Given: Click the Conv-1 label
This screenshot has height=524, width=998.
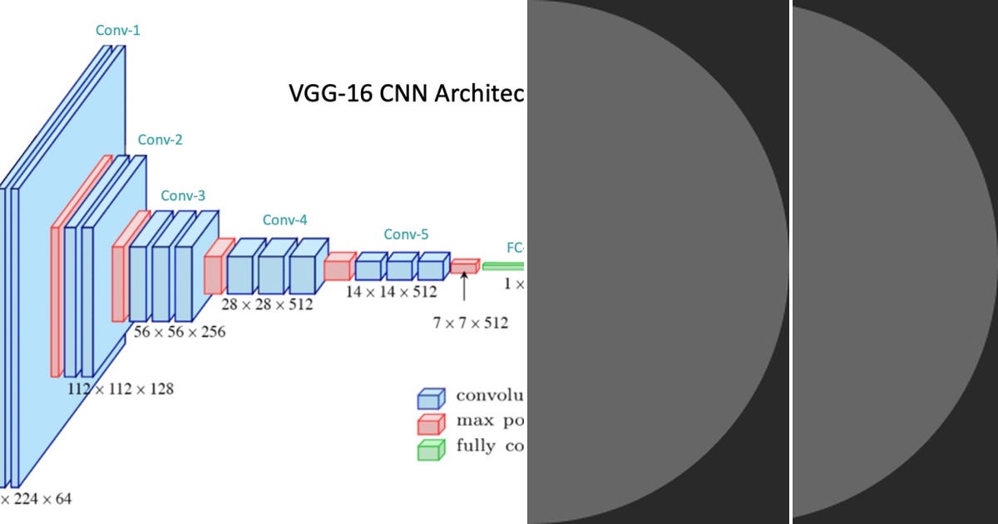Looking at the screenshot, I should pos(118,31).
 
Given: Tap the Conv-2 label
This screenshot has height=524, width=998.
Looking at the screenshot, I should pos(160,140).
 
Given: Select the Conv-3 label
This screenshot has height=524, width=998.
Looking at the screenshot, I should pos(183,196).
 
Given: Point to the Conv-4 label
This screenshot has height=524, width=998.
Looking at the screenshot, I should pos(285,220).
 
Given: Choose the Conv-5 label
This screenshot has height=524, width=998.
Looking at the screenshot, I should pos(406,235).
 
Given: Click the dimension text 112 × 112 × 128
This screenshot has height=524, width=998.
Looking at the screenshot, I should pos(121,388).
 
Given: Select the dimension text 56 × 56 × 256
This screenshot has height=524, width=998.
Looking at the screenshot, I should pos(179,331).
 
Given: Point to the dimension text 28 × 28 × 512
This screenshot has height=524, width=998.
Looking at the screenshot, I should pos(267,304).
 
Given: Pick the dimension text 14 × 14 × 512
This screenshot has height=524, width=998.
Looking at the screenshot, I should pos(391,292).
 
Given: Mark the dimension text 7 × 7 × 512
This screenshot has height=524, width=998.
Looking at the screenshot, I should pos(470,323).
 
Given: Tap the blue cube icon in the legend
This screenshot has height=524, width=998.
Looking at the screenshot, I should pos(431,397).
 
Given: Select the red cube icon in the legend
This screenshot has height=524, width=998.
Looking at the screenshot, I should pos(431,423).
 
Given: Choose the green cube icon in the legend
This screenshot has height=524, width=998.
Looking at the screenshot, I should pos(431,449).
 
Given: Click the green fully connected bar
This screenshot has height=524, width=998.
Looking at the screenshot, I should pos(503,266).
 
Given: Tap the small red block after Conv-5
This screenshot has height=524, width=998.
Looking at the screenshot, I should pos(465,266).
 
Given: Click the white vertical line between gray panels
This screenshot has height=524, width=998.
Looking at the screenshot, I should pos(791,262).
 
